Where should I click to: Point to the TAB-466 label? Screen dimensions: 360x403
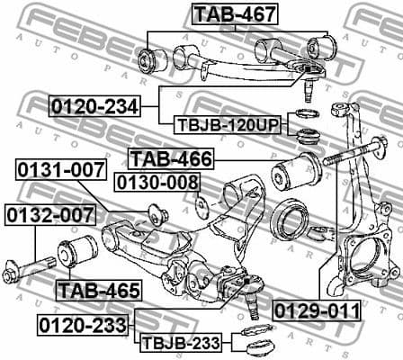[x=171, y=159]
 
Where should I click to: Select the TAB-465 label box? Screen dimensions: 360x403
[x=98, y=290]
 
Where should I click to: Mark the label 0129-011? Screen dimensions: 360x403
[x=317, y=310]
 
